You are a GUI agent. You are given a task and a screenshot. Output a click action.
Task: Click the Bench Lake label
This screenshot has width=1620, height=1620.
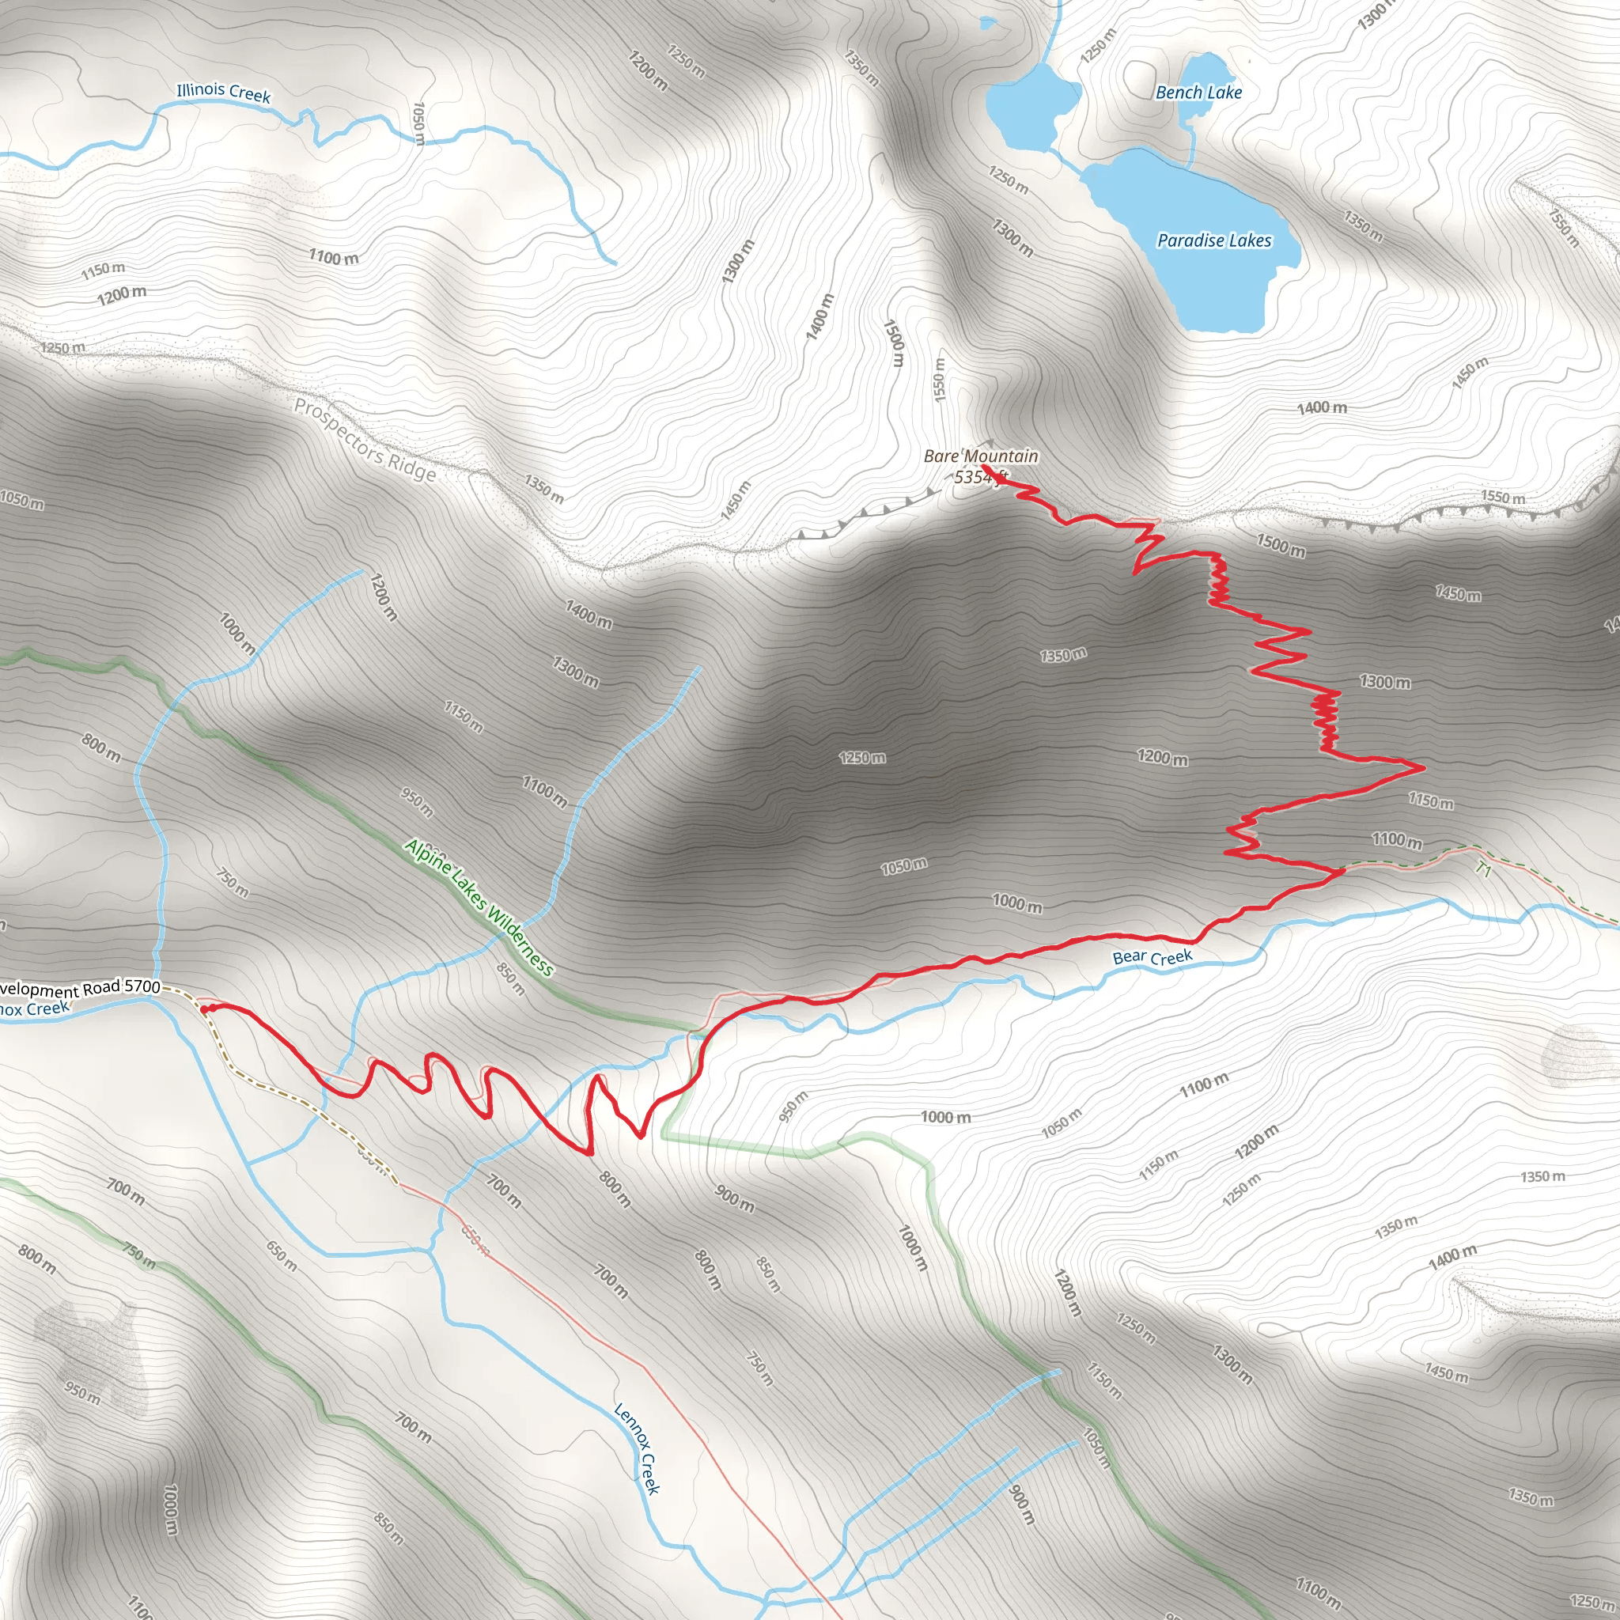(x=1198, y=93)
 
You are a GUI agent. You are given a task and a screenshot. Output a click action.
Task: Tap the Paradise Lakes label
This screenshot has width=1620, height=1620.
(x=1214, y=240)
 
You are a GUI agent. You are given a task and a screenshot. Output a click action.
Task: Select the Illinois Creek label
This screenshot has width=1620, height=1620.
(x=223, y=93)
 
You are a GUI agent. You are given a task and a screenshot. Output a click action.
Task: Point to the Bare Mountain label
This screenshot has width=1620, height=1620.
(x=980, y=456)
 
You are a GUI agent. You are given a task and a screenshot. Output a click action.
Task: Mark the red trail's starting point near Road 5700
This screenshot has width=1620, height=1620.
(x=204, y=1009)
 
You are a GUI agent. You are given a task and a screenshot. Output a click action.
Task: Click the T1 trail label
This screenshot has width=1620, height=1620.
(x=1483, y=870)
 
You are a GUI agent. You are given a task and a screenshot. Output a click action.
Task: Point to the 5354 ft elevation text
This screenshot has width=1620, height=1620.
(x=980, y=477)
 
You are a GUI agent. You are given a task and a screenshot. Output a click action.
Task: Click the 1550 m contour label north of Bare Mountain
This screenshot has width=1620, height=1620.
(x=939, y=379)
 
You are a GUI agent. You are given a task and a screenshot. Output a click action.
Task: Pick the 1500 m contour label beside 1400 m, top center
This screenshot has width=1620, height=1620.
(x=895, y=342)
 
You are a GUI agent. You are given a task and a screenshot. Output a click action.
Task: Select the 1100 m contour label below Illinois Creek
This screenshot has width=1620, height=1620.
(x=333, y=256)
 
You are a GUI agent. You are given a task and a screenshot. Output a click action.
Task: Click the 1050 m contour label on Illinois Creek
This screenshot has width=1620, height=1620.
(x=419, y=123)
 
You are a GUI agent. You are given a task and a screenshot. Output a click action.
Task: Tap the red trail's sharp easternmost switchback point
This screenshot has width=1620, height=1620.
(x=1424, y=766)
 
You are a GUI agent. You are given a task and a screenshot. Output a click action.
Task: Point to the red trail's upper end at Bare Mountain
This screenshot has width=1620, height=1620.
(x=982, y=466)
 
